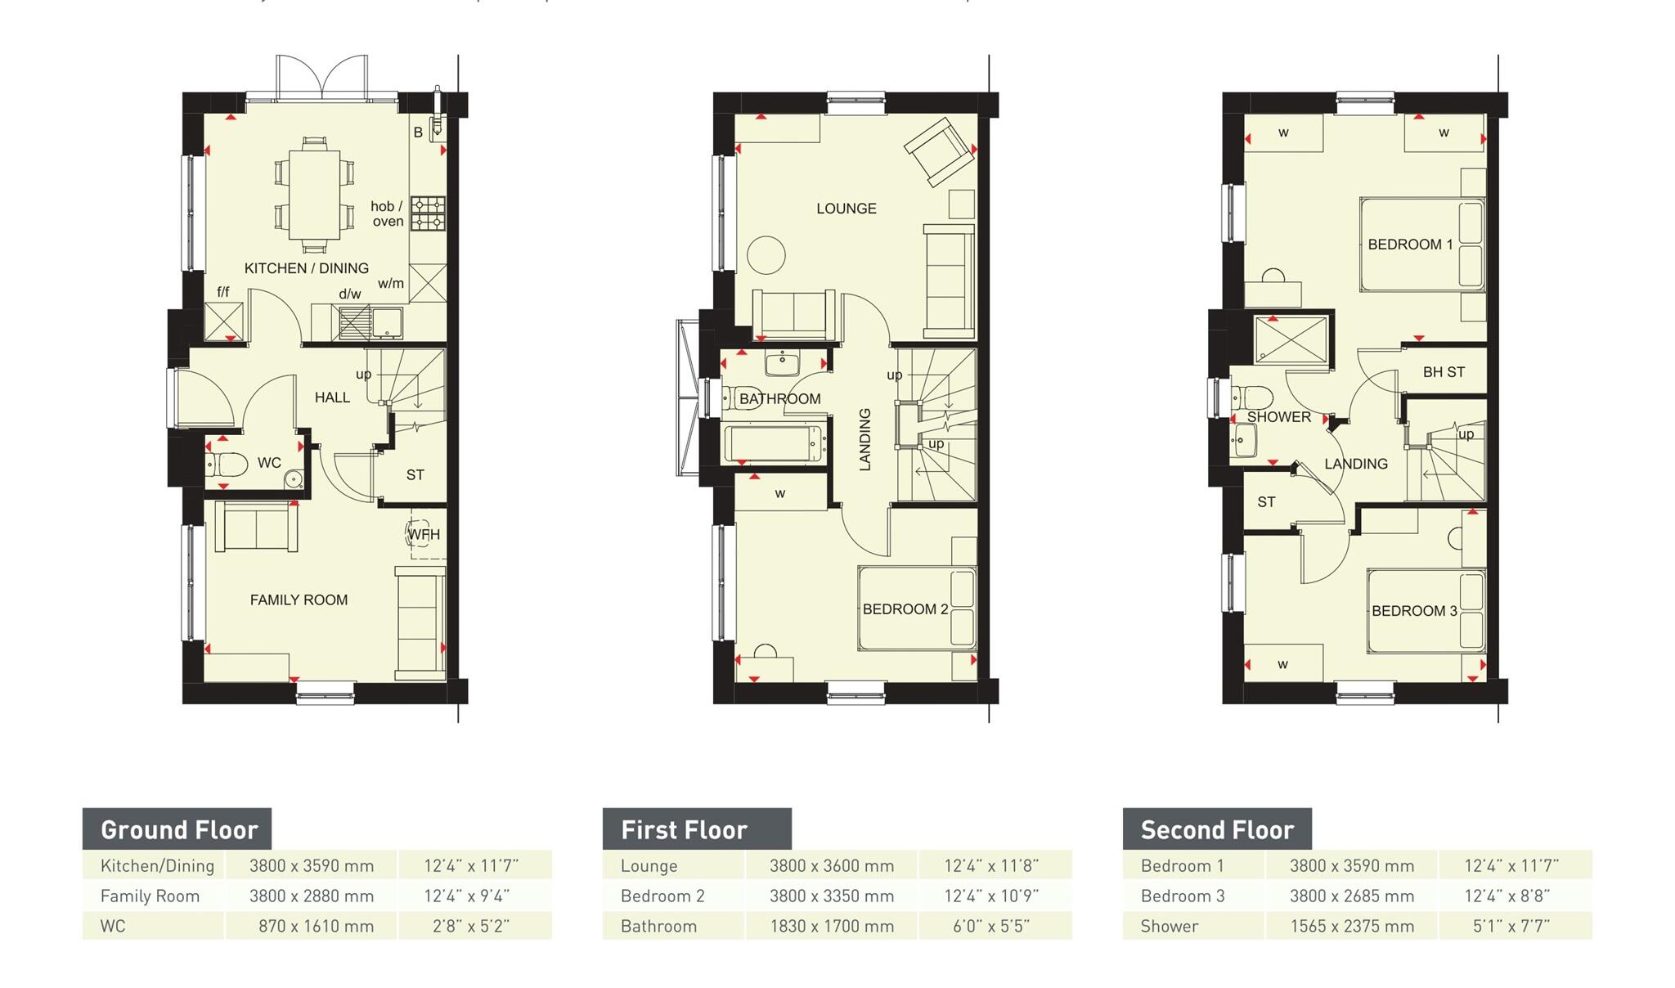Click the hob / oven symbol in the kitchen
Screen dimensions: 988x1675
pyautogui.click(x=428, y=213)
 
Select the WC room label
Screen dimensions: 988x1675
pyautogui.click(x=269, y=463)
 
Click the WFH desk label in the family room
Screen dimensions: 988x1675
pyautogui.click(x=424, y=535)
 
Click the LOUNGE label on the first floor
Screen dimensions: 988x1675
pyautogui.click(x=846, y=209)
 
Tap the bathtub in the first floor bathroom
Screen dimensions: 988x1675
pyautogui.click(x=774, y=444)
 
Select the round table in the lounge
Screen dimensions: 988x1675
pyautogui.click(x=766, y=254)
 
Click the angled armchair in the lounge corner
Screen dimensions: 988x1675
pyautogui.click(x=939, y=152)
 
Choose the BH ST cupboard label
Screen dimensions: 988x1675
pyautogui.click(x=1444, y=372)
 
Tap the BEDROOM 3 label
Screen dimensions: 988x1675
pyautogui.click(x=1414, y=611)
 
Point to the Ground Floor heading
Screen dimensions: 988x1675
pyautogui.click(x=178, y=830)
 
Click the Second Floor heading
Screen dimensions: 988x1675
pyautogui.click(x=1216, y=830)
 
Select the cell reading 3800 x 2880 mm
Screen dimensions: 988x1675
pyautogui.click(x=311, y=896)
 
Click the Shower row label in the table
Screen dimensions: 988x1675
pyautogui.click(x=1169, y=927)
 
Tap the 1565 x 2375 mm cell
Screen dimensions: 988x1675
pyautogui.click(x=1351, y=927)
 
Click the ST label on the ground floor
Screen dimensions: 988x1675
pyautogui.click(x=415, y=475)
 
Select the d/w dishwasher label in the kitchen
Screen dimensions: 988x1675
pyautogui.click(x=349, y=294)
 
